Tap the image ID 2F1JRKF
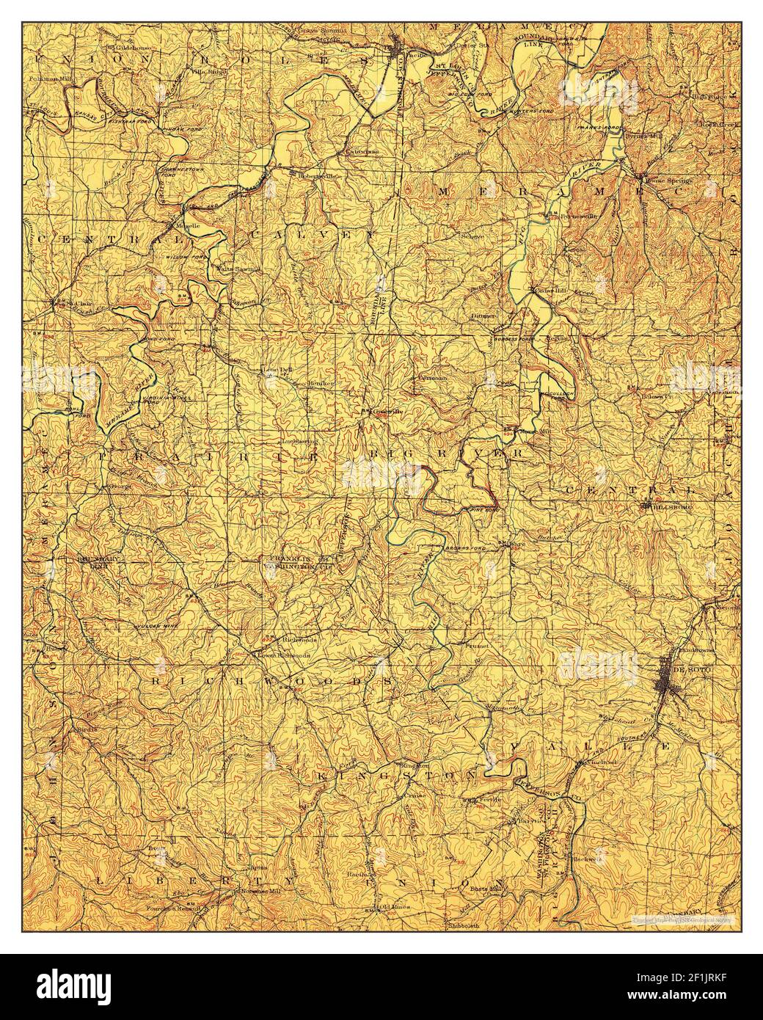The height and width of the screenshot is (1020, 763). tap(703, 986)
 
